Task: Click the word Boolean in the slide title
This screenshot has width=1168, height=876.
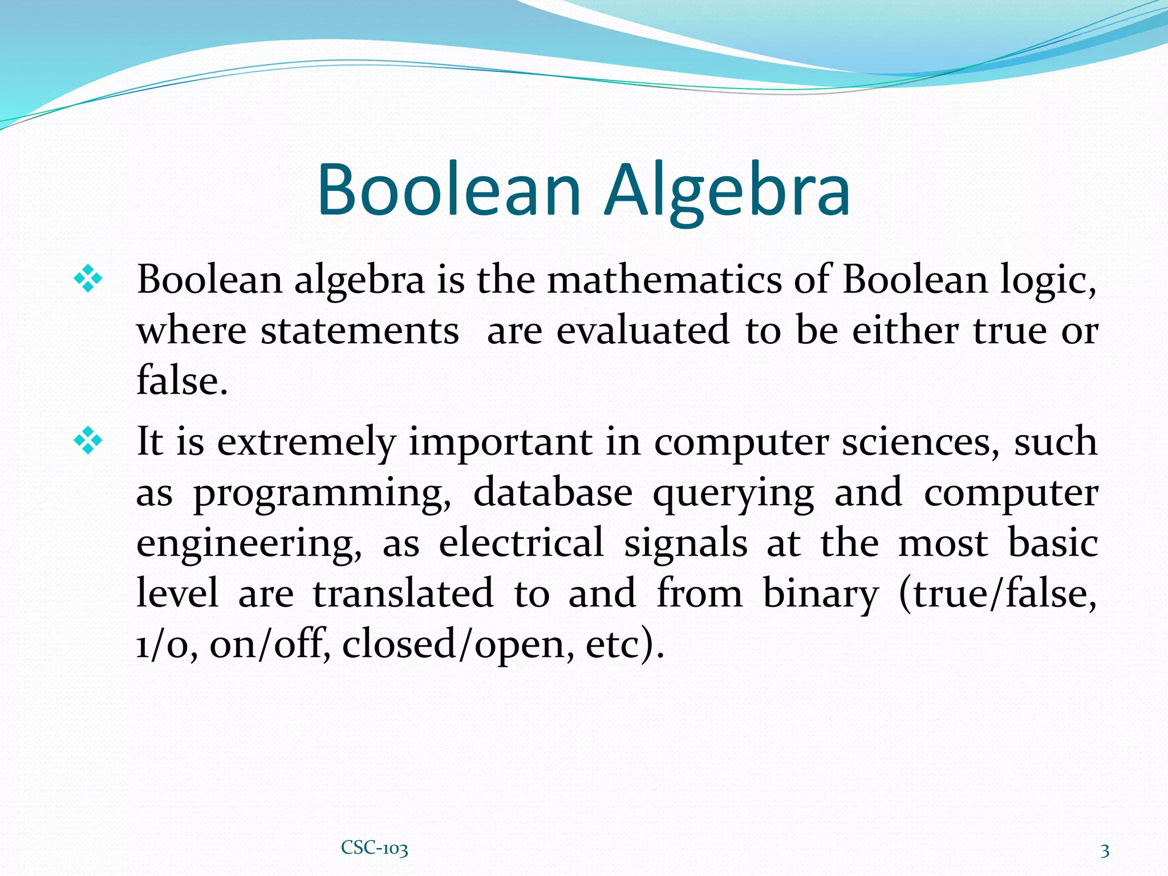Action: point(449,190)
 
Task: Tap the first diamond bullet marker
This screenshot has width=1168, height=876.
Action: point(88,279)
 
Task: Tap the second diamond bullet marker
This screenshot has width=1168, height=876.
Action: point(88,441)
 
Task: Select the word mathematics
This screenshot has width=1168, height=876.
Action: point(664,280)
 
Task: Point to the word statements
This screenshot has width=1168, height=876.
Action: point(360,331)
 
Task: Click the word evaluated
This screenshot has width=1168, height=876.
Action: point(643,330)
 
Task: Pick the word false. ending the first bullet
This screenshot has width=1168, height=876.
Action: point(182,380)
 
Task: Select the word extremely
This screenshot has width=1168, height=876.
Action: point(306,443)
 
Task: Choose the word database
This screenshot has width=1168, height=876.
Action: point(553,492)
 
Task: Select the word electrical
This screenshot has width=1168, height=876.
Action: point(521,542)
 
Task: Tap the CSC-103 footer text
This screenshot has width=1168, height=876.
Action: point(374,848)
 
